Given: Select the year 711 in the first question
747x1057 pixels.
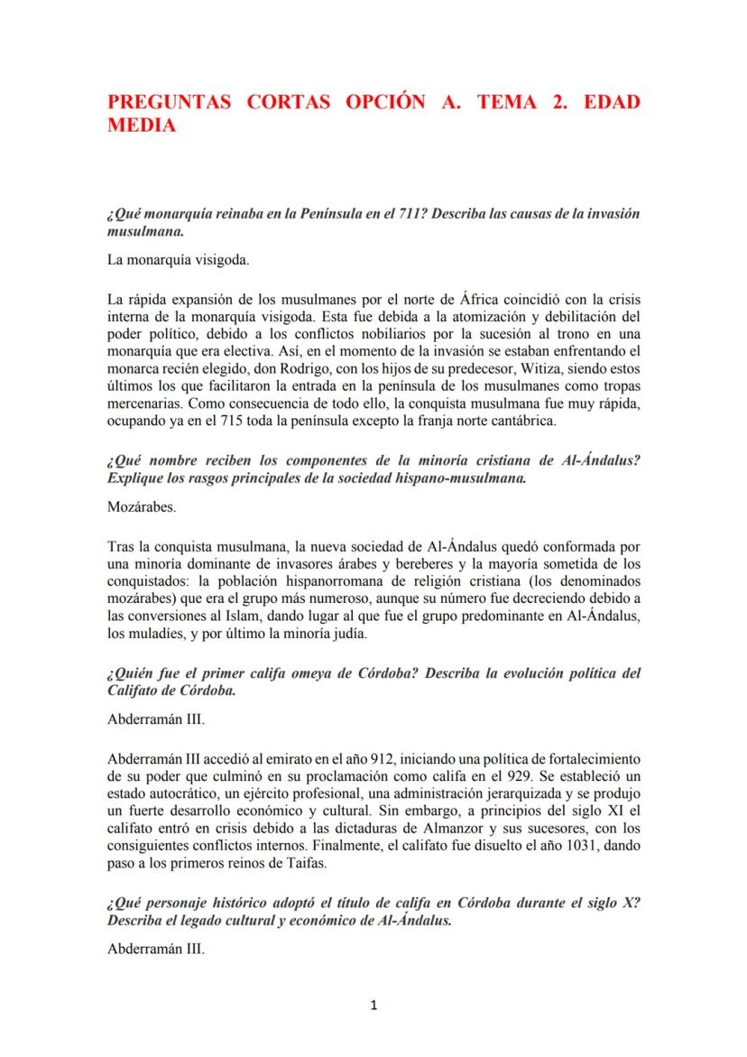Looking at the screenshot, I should tap(392, 218).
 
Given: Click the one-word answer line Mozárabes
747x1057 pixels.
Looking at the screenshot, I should tap(142, 507).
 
